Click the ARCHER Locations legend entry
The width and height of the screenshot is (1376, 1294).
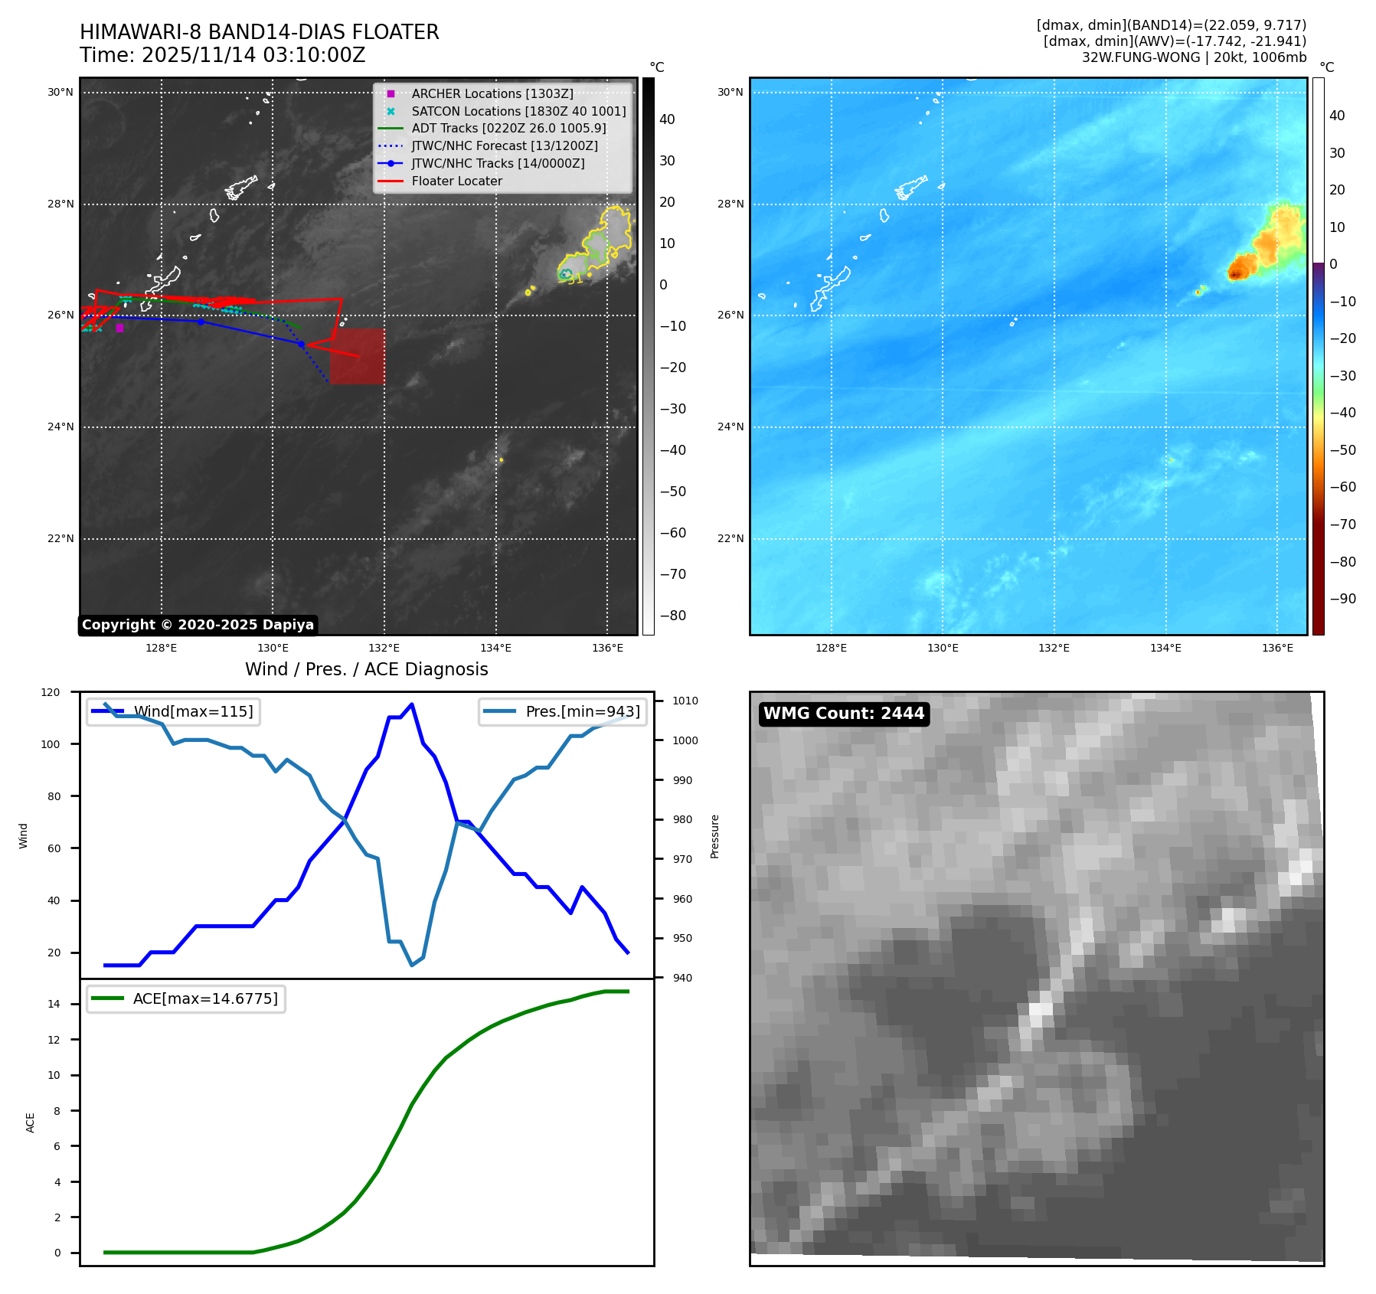pos(492,93)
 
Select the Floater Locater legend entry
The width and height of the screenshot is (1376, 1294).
pos(456,181)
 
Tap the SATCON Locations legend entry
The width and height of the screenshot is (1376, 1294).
pos(518,111)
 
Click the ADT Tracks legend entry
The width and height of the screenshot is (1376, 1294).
pos(508,129)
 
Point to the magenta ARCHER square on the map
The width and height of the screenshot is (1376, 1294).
pos(119,328)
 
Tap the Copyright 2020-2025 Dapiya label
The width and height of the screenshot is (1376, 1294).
pos(198,625)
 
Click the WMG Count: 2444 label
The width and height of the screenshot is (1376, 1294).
pos(844,714)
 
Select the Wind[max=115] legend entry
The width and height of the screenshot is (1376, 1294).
pos(193,711)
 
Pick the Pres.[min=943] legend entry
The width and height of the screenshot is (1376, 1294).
pos(582,711)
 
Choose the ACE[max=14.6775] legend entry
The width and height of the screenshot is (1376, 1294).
pos(204,998)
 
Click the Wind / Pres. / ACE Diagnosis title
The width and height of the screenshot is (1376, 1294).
pos(366,669)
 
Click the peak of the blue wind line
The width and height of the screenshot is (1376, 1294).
pos(412,704)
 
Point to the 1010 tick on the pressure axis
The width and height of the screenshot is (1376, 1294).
pos(685,701)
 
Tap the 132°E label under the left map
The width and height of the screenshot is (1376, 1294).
pos(384,648)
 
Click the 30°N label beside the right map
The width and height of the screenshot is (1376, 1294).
pos(730,93)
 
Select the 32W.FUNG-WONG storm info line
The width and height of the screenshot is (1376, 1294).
pos(1193,57)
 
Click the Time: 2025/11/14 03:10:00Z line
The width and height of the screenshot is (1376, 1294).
pos(222,55)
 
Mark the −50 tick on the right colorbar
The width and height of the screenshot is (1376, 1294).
pos(1342,450)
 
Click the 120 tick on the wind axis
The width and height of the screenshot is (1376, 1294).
pos(51,692)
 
